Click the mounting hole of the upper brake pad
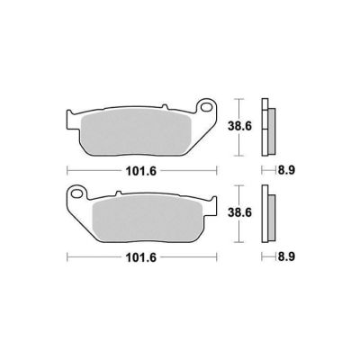(207, 107)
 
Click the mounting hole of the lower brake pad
(77, 193)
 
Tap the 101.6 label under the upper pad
(141, 171)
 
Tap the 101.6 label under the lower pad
(141, 257)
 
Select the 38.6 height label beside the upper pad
(239, 126)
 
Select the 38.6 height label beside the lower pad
(239, 212)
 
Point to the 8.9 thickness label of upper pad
(286, 170)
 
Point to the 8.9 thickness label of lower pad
(286, 256)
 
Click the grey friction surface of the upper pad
(137, 131)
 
